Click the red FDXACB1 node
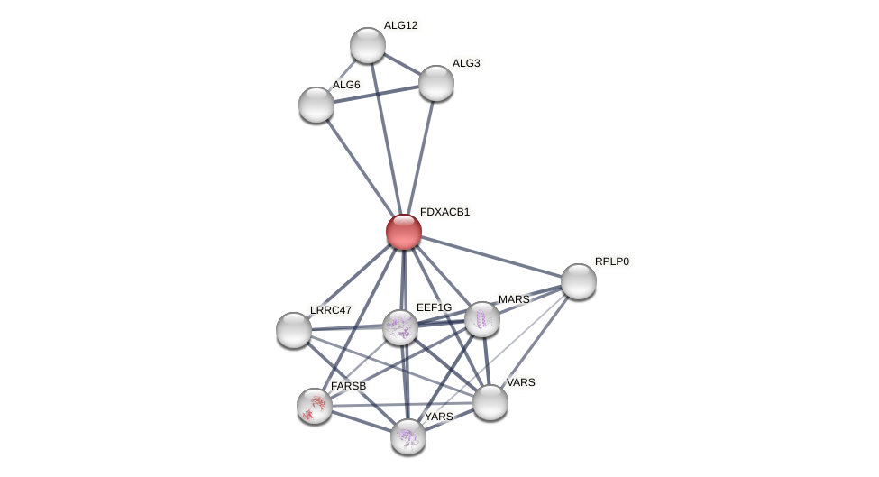click(x=403, y=232)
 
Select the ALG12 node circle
click(x=367, y=45)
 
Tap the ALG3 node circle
click(x=435, y=83)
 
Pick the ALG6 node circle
click(x=316, y=105)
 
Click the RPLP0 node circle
click(x=578, y=281)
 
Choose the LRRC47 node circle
click(x=294, y=330)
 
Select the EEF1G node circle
click(x=400, y=327)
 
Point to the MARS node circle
click(x=482, y=319)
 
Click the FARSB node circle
click(x=315, y=406)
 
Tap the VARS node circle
click(x=490, y=402)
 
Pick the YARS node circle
click(x=408, y=436)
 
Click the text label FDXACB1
click(x=444, y=212)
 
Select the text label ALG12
click(x=400, y=25)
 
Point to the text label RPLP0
click(x=611, y=261)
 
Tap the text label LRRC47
click(x=330, y=310)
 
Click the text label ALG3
click(x=466, y=63)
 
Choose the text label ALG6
click(x=346, y=85)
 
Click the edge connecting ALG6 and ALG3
click(x=376, y=94)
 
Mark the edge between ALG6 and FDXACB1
click(x=359, y=167)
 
